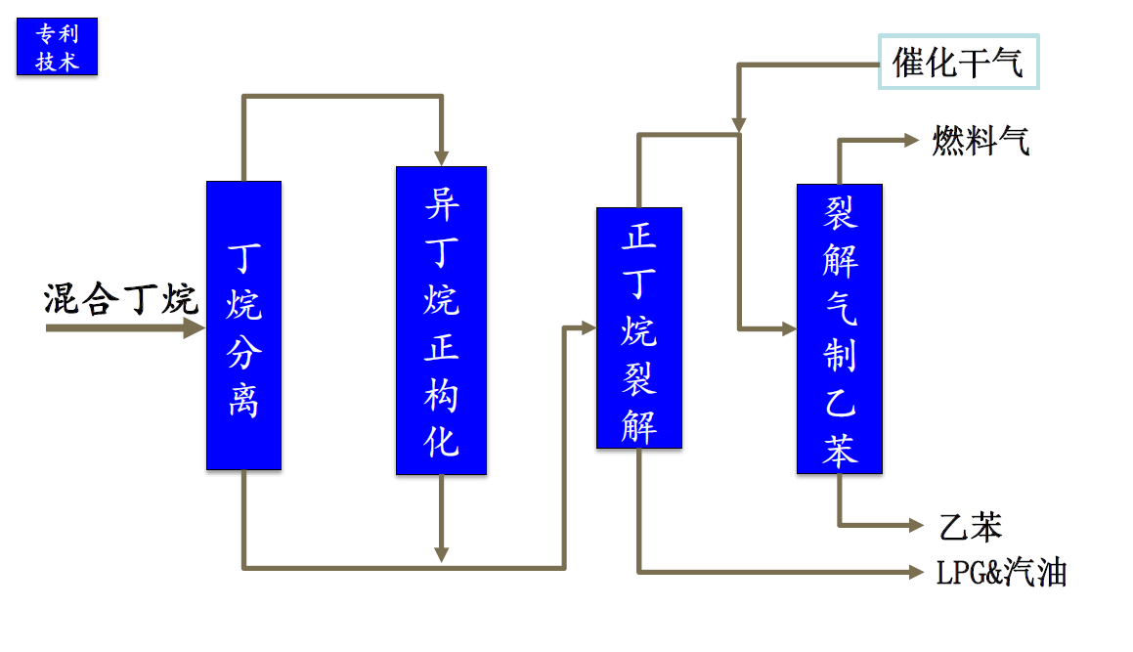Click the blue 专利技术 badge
click(x=57, y=48)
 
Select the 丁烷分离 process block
click(x=243, y=325)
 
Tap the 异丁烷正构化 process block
click(x=441, y=320)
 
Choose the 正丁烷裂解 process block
click(x=639, y=327)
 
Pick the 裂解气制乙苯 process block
click(x=839, y=328)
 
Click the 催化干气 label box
click(x=958, y=63)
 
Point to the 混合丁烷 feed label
click(x=121, y=299)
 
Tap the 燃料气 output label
click(x=980, y=142)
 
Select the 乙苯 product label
click(x=971, y=527)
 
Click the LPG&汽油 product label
click(x=1001, y=572)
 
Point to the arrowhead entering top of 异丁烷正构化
click(x=441, y=157)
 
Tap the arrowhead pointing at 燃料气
click(x=914, y=141)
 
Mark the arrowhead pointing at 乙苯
click(x=916, y=525)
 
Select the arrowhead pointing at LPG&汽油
click(x=916, y=570)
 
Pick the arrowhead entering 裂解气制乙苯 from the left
click(x=789, y=329)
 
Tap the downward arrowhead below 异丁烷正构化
click(x=442, y=553)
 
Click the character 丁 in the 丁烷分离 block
click(x=243, y=258)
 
